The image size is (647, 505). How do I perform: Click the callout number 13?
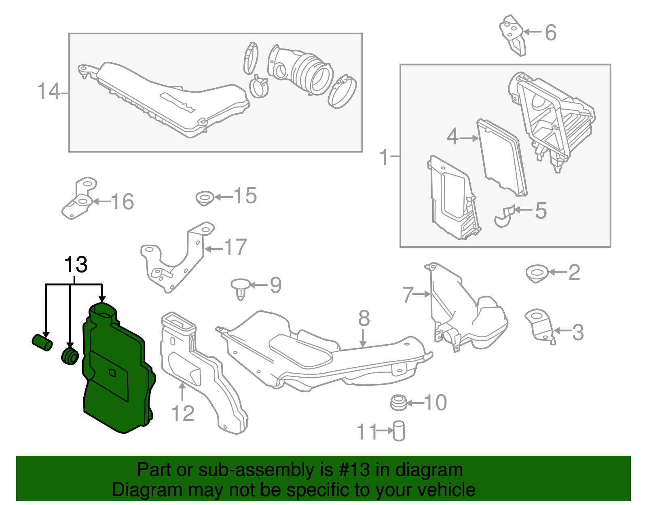(x=76, y=265)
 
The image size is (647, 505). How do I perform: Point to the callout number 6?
(x=550, y=32)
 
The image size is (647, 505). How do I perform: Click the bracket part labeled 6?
(x=513, y=35)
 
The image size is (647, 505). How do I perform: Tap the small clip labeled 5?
(x=503, y=217)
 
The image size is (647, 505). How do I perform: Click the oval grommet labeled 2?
(x=537, y=273)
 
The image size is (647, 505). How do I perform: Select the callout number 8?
(x=364, y=319)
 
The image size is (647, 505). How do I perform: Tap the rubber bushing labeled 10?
(x=398, y=403)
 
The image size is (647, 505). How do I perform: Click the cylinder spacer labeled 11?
(x=399, y=431)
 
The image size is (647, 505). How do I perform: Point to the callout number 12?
(x=183, y=414)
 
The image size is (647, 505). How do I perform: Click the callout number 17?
(x=235, y=247)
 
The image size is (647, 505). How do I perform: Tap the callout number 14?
(x=48, y=91)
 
